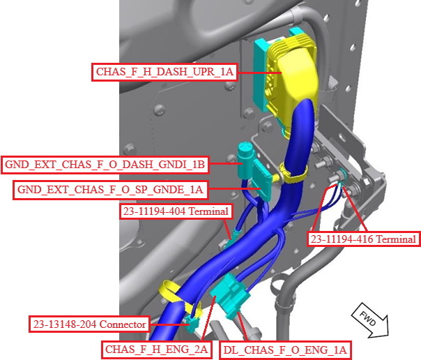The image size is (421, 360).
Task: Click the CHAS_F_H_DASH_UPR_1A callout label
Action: pyautogui.click(x=164, y=72)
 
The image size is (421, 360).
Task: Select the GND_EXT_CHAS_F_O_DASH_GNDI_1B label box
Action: pyautogui.click(x=105, y=165)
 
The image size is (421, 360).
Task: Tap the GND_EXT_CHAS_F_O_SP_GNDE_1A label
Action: pyautogui.click(x=110, y=190)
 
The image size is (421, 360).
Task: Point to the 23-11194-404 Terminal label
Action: pyautogui.click(x=176, y=211)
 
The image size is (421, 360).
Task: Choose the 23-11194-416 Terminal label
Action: pyautogui.click(x=363, y=239)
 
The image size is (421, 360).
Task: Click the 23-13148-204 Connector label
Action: pyautogui.click(x=89, y=324)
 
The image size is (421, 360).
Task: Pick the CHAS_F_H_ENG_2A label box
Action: pyautogui.click(x=157, y=350)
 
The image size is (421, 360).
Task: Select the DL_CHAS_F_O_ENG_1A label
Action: pyautogui.click(x=285, y=350)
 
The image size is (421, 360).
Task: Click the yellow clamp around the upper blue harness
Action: pyautogui.click(x=293, y=172)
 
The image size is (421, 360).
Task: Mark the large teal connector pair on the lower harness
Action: pyautogui.click(x=231, y=296)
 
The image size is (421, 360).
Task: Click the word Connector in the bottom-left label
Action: pyautogui.click(x=123, y=324)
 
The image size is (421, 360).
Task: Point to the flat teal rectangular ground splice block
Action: pyautogui.click(x=262, y=180)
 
